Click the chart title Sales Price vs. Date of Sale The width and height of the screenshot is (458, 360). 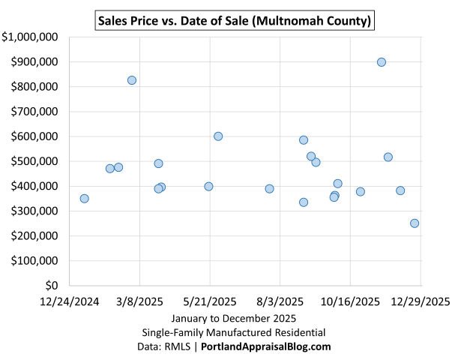pos(235,21)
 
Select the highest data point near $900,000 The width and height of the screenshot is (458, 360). pos(382,62)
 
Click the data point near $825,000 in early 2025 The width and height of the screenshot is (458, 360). pos(132,80)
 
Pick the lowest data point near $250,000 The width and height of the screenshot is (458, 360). pos(415,223)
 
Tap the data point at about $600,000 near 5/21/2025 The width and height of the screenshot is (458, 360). pos(218,136)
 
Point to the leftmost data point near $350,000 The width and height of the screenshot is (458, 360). pos(84,199)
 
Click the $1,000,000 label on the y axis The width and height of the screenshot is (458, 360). pos(31,37)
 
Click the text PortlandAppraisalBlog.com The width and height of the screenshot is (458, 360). pos(266,346)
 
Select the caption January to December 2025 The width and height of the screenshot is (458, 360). pos(234,318)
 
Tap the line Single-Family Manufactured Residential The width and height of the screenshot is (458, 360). pos(234,332)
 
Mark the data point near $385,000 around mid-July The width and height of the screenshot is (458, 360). pos(269,189)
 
